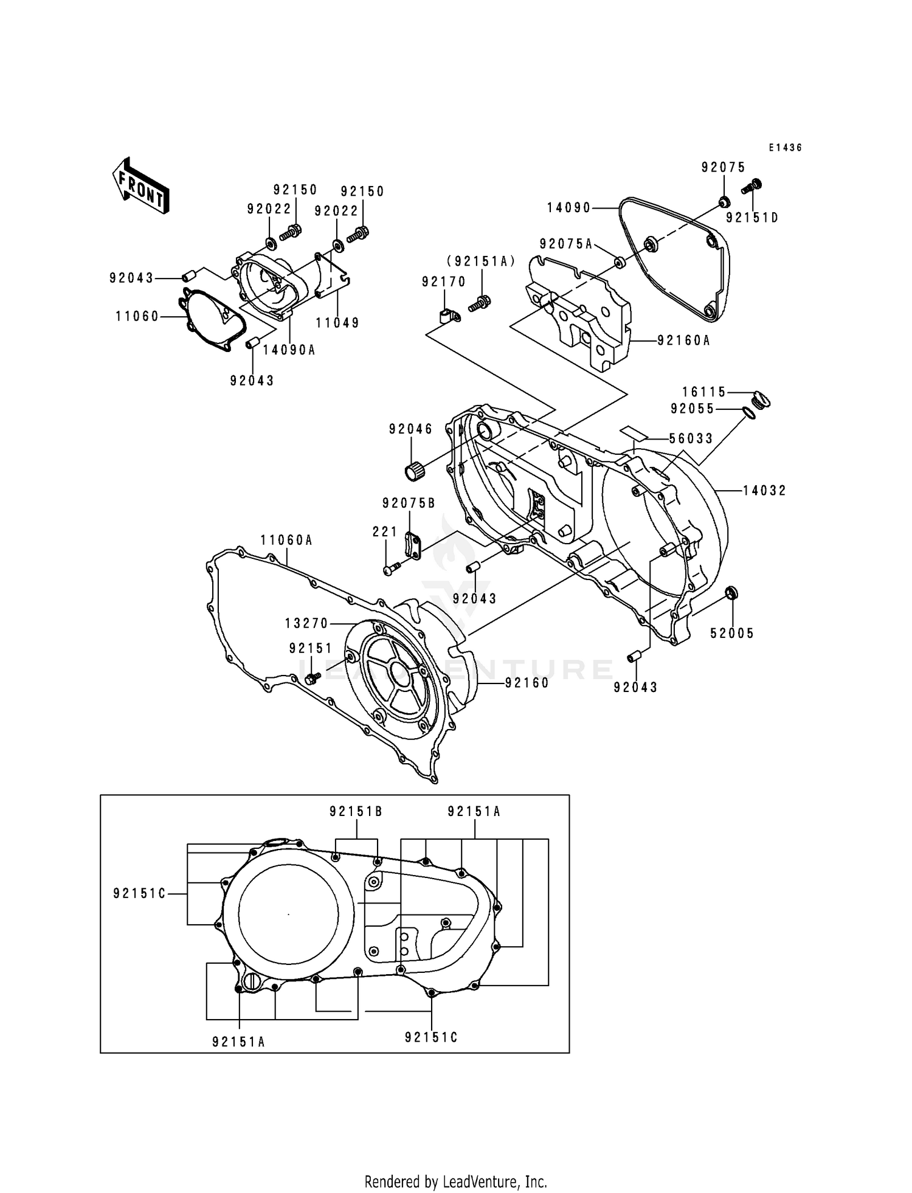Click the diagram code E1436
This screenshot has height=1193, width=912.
tap(785, 148)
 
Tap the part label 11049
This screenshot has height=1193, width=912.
tap(337, 323)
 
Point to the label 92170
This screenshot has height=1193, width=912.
tap(444, 282)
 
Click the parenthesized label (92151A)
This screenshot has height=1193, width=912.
tap(481, 261)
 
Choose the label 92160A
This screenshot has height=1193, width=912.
tap(683, 341)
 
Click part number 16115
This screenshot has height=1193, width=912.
tap(704, 392)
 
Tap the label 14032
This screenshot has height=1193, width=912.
tap(764, 490)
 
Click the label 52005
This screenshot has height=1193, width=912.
tap(732, 634)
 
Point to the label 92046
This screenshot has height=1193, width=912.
tap(411, 429)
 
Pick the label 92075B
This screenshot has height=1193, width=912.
tap(409, 503)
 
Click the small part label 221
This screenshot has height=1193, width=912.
tap(385, 532)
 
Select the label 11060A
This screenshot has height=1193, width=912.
tap(286, 540)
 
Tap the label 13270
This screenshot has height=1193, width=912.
tap(306, 623)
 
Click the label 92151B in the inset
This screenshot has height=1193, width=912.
tap(356, 811)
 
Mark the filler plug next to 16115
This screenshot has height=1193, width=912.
tap(761, 400)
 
